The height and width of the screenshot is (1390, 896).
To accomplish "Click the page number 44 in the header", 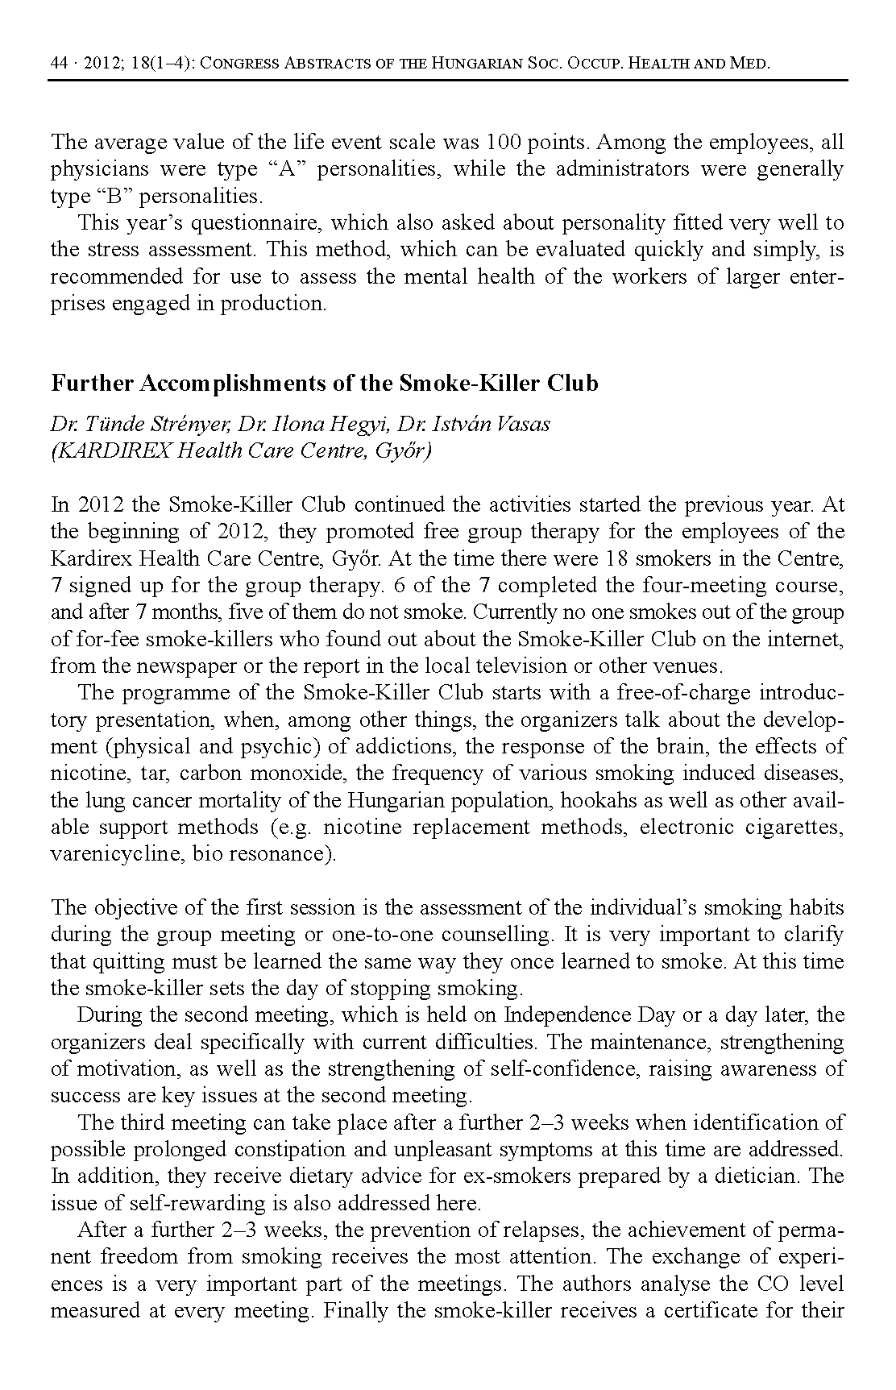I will click(x=58, y=63).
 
